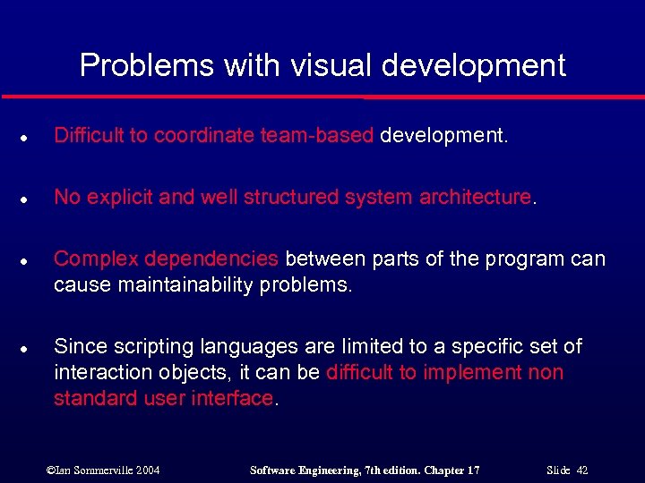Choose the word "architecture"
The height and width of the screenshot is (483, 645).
(475, 197)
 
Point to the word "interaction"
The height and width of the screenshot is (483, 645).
(101, 372)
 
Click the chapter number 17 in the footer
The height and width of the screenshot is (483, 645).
(472, 470)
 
